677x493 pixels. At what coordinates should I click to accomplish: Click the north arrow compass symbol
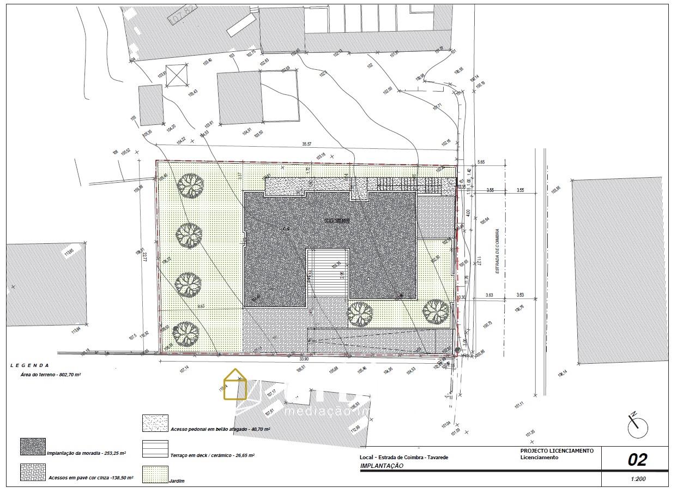[x=637, y=426]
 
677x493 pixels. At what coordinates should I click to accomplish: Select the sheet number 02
[x=637, y=460]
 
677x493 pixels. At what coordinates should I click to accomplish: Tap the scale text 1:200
[x=638, y=479]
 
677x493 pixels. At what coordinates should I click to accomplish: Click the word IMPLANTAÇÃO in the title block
[x=382, y=466]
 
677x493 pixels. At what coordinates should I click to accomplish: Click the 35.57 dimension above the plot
[x=307, y=145]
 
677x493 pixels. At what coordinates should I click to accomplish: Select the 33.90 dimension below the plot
[x=304, y=359]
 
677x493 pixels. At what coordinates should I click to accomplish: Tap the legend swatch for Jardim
[x=155, y=474]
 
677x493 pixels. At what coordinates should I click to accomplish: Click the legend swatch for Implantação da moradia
[x=33, y=447]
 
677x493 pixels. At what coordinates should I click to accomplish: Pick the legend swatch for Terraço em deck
[x=155, y=449]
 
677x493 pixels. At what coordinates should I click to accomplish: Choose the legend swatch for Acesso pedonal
[x=155, y=423]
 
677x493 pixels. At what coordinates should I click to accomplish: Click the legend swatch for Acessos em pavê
[x=33, y=472]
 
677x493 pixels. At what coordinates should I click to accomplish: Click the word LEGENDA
[x=29, y=365]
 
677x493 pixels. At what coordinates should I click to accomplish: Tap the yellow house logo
[x=235, y=384]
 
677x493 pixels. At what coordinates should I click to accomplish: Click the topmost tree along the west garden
[x=190, y=185]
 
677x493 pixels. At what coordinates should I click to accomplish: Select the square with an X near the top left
[x=176, y=75]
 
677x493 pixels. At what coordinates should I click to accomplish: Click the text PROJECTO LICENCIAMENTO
[x=557, y=451]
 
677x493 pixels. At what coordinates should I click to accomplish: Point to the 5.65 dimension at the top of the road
[x=481, y=163]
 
